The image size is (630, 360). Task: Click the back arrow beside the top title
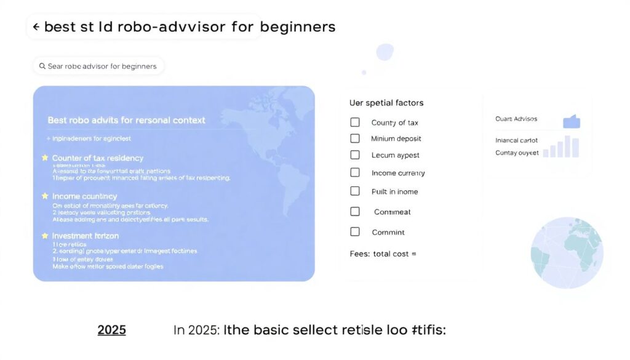click(x=36, y=28)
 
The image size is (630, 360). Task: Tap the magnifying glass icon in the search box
click(x=42, y=66)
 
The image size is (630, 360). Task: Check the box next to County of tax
click(x=355, y=122)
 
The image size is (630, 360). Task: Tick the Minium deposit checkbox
click(x=355, y=138)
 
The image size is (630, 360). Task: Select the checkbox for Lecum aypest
click(x=355, y=155)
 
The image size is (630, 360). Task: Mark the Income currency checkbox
click(x=355, y=173)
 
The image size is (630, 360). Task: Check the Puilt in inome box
click(x=355, y=191)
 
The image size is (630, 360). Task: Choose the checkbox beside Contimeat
click(x=355, y=212)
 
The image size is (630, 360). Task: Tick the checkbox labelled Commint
click(x=355, y=232)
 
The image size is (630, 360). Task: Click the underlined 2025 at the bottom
click(x=111, y=330)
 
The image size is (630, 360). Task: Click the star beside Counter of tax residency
click(x=45, y=158)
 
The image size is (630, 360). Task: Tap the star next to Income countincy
click(x=45, y=196)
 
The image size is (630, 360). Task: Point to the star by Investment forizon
click(x=45, y=236)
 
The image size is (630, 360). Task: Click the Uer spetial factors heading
click(x=386, y=103)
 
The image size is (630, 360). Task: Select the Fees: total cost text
click(x=382, y=254)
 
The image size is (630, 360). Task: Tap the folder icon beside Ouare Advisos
click(x=572, y=121)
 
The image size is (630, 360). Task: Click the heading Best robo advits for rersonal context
click(x=126, y=120)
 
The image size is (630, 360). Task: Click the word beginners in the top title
click(x=298, y=28)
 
